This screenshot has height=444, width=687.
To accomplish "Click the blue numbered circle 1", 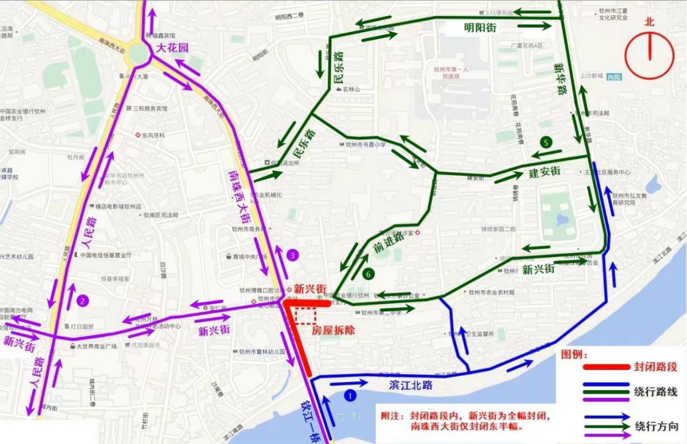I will point(350,396).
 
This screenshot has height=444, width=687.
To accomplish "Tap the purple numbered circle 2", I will point(82,301).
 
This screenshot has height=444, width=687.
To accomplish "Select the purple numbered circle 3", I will point(292,256).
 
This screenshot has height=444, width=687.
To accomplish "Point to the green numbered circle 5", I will point(546,142).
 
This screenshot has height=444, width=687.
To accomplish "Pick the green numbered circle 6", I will point(368,273).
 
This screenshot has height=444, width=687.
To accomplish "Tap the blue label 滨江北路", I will point(411,385).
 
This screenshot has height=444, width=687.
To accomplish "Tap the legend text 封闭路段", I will point(656,367).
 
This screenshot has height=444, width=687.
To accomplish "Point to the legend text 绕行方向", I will point(656,427).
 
